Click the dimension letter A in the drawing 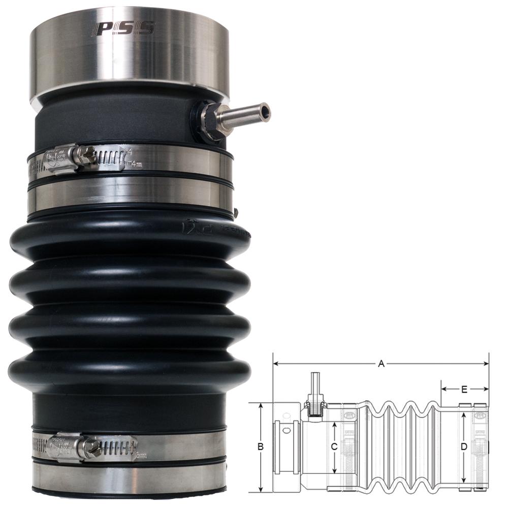click(381, 364)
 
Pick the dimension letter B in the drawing click(261, 447)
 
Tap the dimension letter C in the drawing click(334, 447)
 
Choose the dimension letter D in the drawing click(463, 447)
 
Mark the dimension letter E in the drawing click(464, 390)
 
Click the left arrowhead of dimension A click(276, 364)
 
